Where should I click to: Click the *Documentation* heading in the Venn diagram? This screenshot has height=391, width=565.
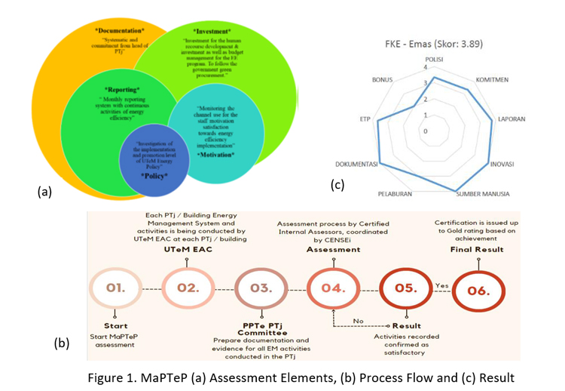coord(120,30)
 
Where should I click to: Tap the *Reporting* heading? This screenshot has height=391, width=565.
coord(121,89)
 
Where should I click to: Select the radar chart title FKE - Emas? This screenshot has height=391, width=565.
coord(433,44)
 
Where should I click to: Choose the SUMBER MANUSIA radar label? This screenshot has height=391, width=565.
coord(482,194)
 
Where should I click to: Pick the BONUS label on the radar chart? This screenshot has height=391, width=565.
coord(382,79)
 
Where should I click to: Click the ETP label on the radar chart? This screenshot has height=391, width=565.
coord(365,119)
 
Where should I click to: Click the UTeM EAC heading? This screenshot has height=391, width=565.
coord(187,249)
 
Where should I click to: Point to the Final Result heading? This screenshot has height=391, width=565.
coord(476,249)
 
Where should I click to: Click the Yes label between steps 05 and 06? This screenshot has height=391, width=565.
coord(441,285)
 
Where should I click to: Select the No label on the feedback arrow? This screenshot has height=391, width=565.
coord(359,321)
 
